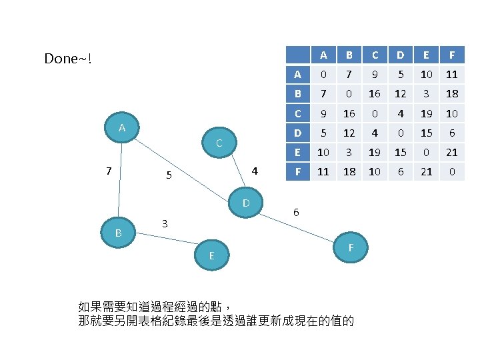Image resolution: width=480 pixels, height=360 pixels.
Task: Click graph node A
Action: [122, 127]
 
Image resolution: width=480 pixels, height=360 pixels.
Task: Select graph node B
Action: [118, 233]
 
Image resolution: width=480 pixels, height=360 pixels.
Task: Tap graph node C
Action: [219, 142]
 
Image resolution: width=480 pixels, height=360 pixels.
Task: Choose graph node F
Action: [350, 247]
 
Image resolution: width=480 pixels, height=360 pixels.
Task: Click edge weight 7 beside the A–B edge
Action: [109, 171]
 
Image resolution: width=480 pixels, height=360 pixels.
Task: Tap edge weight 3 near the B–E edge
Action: [165, 223]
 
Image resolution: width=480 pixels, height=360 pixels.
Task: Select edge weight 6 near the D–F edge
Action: [296, 212]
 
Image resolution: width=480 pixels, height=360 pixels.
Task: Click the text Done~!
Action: [67, 59]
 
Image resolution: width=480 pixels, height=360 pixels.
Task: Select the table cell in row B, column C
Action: [375, 93]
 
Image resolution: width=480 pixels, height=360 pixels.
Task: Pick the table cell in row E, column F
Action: [452, 152]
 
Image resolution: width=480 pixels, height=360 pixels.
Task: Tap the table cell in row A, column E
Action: [427, 74]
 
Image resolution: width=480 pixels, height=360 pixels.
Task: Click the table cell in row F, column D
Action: [401, 171]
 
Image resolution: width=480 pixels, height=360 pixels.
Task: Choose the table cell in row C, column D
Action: [401, 113]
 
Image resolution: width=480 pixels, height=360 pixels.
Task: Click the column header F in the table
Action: [452, 55]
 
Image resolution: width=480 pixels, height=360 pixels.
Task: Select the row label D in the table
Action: [297, 133]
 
